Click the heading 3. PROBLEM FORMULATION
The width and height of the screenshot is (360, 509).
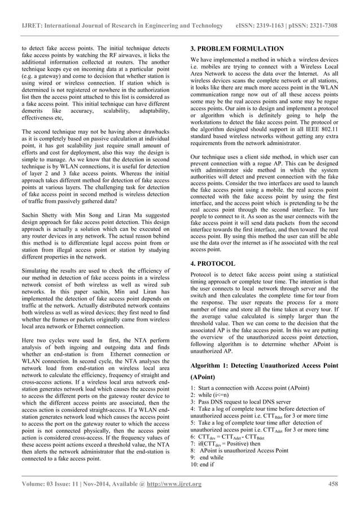pos(238,49)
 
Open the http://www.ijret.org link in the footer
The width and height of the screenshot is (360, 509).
pos(173,484)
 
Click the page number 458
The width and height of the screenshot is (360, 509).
pos(332,484)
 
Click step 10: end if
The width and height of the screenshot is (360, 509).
pos(207,464)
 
